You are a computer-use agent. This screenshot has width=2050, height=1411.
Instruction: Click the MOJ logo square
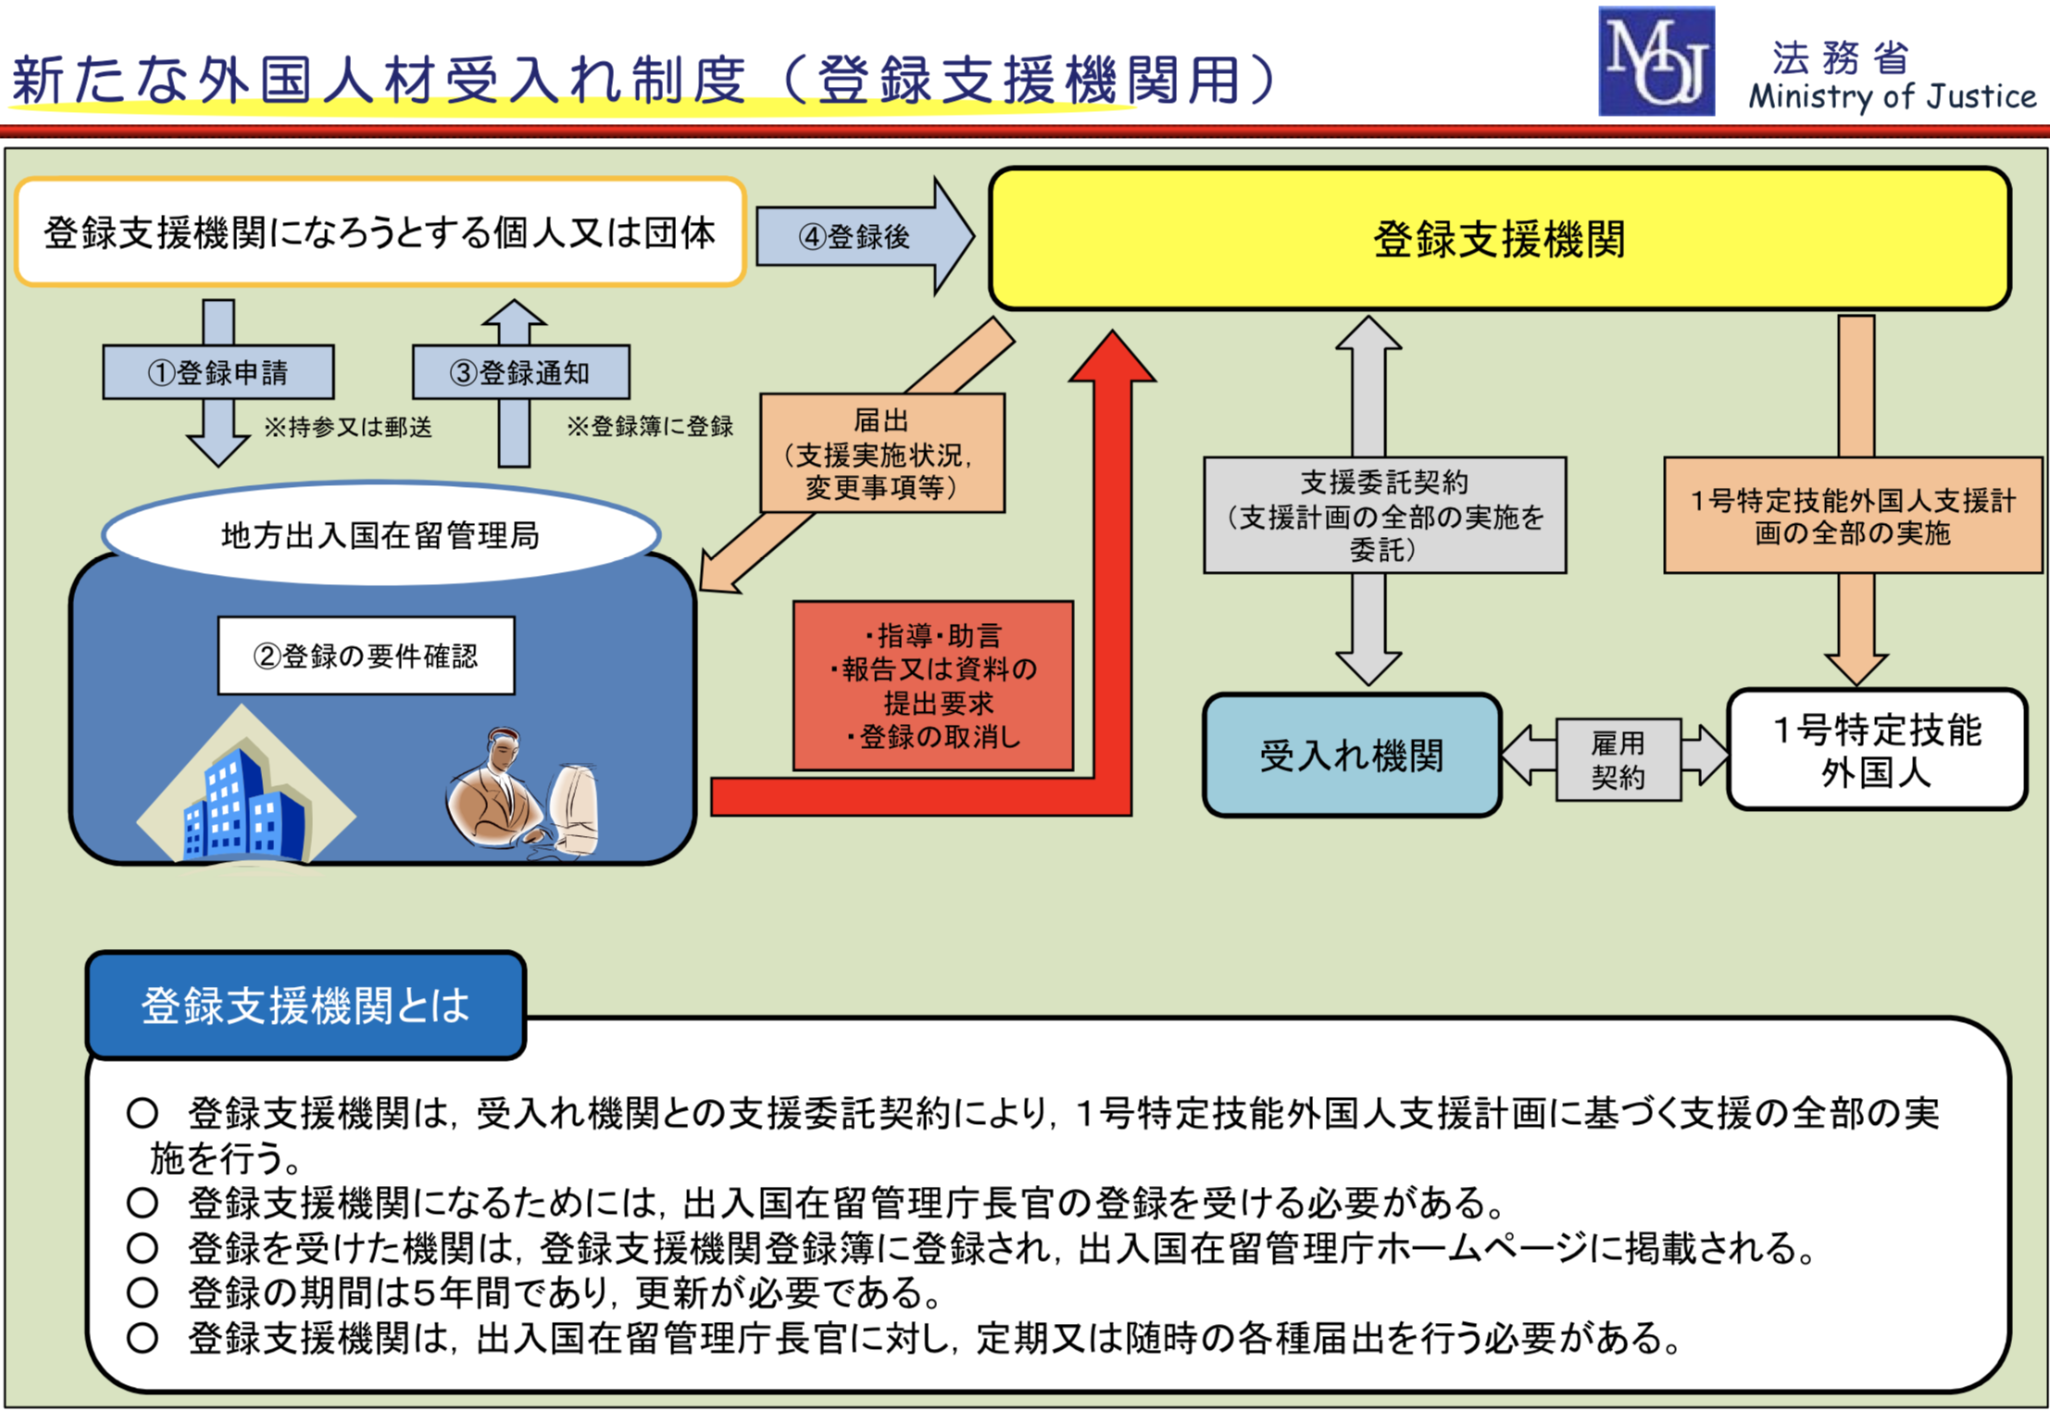coord(1656,61)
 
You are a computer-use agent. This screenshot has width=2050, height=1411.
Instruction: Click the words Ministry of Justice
coord(1892,95)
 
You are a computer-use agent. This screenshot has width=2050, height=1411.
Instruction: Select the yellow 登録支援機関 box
coord(1499,239)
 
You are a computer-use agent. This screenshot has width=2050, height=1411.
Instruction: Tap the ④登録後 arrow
coord(857,237)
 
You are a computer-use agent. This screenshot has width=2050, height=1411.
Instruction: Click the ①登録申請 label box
coord(219,372)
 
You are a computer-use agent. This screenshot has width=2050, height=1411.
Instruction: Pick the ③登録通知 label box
coord(520,372)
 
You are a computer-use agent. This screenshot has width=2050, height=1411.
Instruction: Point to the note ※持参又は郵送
coord(348,427)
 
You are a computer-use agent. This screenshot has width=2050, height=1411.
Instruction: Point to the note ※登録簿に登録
coord(650,426)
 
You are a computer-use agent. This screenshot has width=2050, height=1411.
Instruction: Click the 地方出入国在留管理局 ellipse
coord(381,534)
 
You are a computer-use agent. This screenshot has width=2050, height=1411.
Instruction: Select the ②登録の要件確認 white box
coord(366,656)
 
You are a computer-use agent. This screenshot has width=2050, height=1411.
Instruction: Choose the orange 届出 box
coord(881,454)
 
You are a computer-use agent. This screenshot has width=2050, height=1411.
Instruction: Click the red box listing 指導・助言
coord(933,685)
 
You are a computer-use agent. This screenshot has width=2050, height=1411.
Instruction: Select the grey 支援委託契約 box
coord(1384,515)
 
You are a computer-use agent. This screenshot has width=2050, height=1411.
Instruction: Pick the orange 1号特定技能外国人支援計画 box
coord(1852,516)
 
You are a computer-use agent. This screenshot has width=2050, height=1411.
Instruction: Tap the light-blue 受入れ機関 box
coord(1352,755)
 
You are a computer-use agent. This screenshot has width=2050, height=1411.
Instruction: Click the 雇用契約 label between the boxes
coord(1618,759)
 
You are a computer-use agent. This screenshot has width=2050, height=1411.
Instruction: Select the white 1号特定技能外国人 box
coord(1877,750)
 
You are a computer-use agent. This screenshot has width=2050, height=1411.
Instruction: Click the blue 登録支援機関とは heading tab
coord(306,1005)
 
